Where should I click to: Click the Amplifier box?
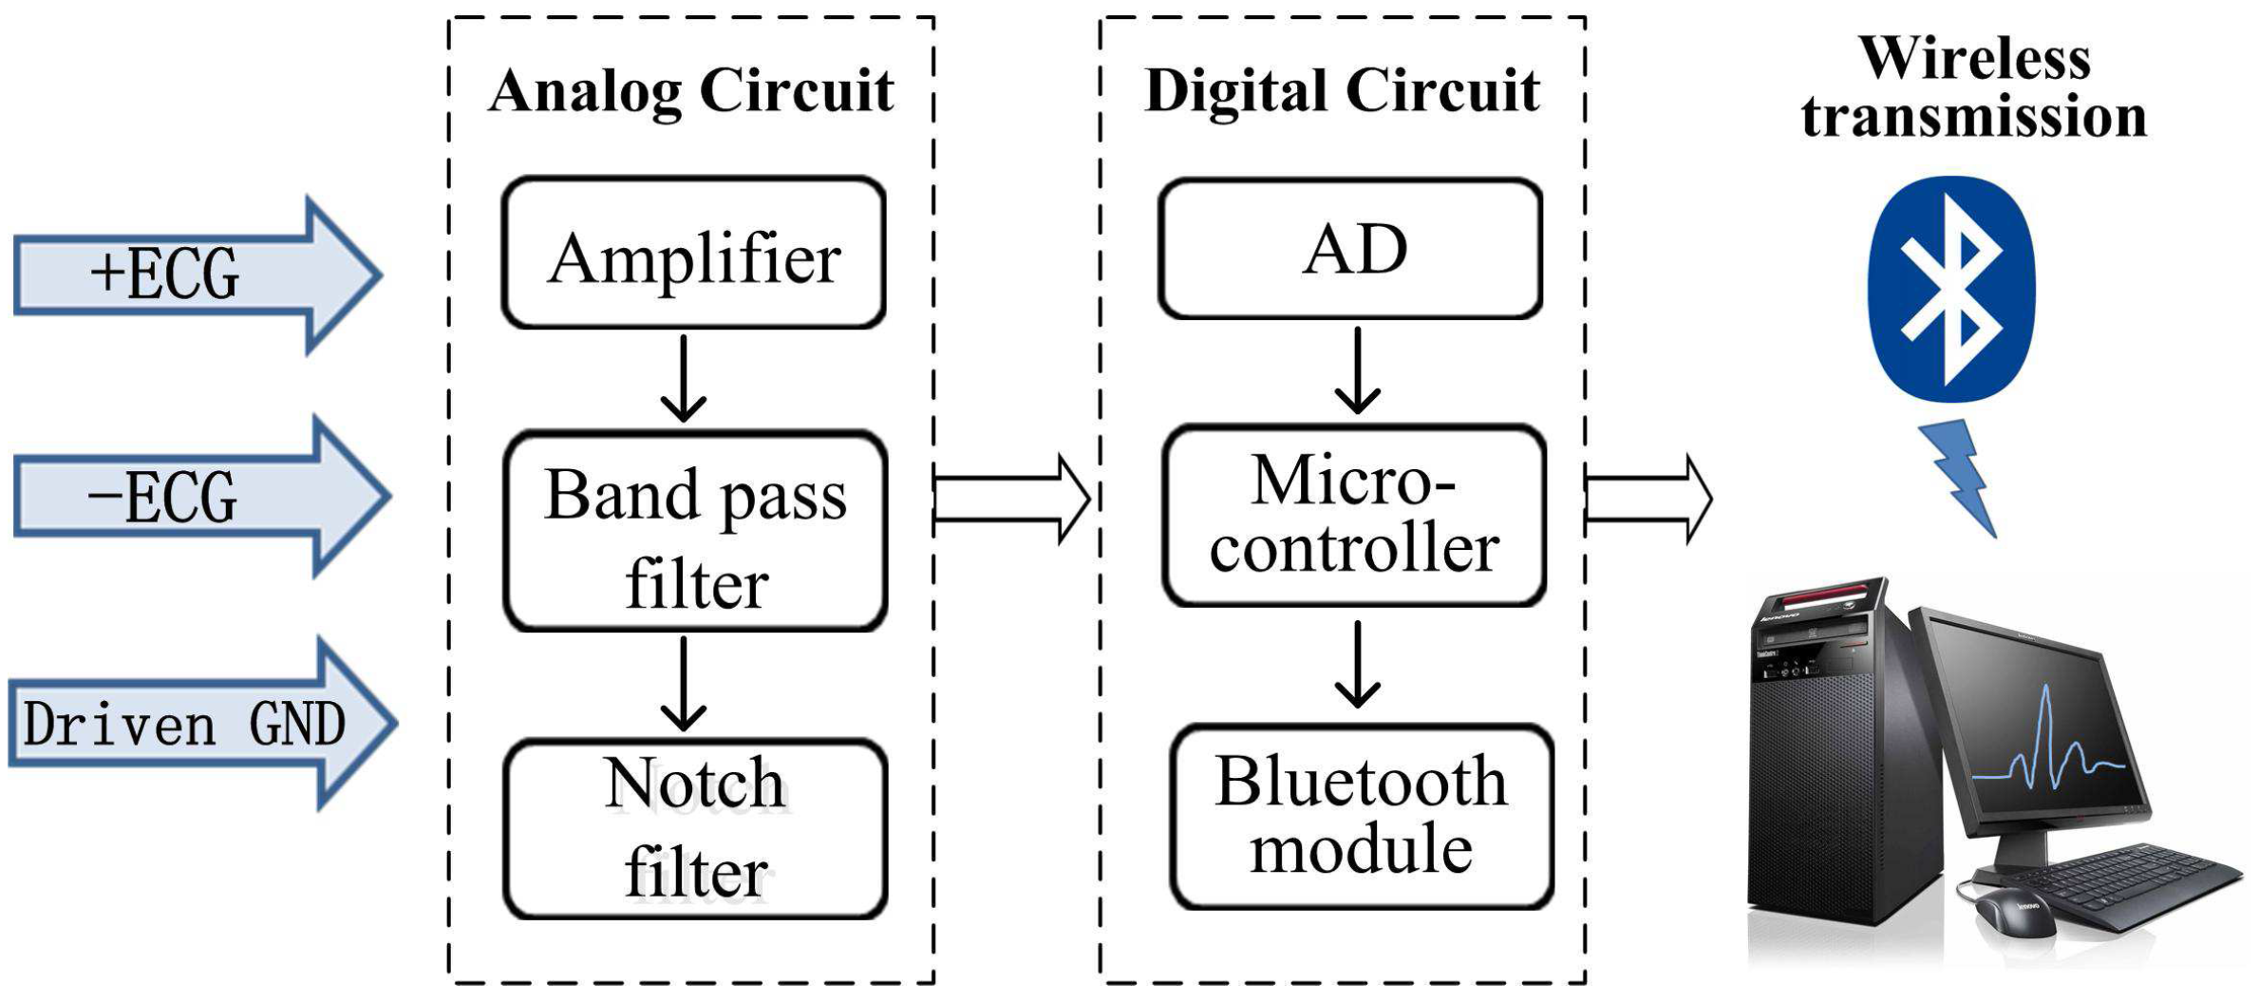point(693,254)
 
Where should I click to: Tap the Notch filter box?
point(695,829)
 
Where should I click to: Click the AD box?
point(1349,249)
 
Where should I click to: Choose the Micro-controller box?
point(1354,516)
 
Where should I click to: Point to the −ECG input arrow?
point(190,496)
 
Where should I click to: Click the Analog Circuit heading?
point(690,91)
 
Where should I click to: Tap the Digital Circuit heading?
point(1342,91)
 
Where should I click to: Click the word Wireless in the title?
point(1975,59)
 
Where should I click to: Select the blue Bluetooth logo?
point(1950,288)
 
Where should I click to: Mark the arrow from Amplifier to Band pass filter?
point(683,378)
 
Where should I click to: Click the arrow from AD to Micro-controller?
point(1357,370)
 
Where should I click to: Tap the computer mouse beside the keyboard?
point(2013,912)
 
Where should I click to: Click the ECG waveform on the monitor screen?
point(2051,750)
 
